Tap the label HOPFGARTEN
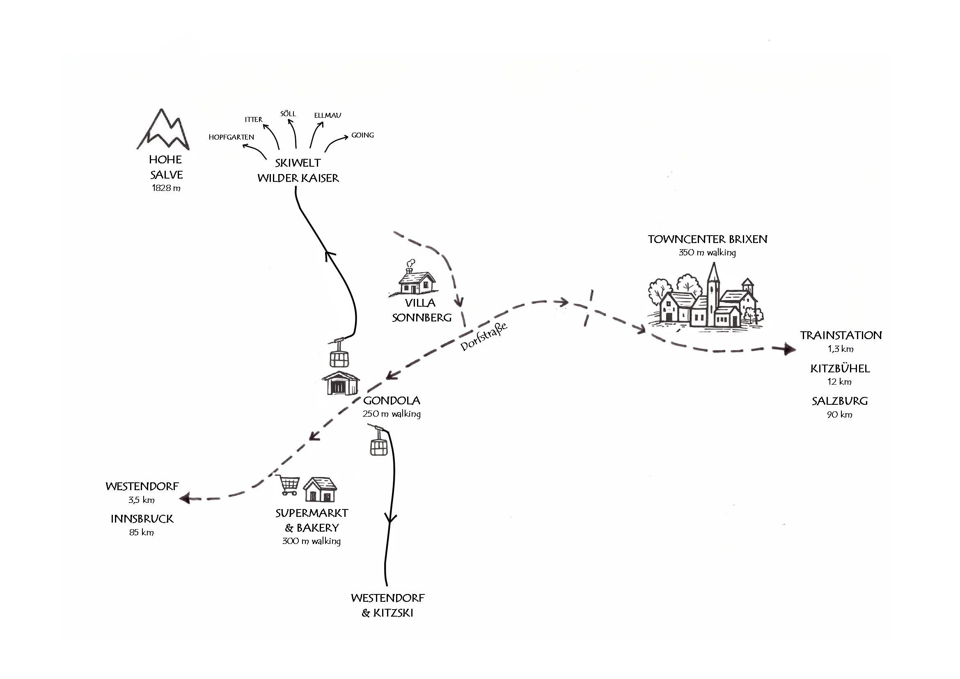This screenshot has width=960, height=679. [231, 137]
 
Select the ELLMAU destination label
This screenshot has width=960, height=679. [328, 115]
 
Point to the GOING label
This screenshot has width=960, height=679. [362, 135]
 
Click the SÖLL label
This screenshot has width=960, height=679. [288, 114]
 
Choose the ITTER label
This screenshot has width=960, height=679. [253, 119]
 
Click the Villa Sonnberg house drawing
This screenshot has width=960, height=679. [415, 280]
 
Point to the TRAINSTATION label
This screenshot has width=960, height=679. [841, 335]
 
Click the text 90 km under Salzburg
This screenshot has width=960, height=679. [839, 415]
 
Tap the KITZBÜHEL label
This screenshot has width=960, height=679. [840, 369]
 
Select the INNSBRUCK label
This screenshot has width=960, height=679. [142, 519]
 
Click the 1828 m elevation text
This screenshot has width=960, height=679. [166, 188]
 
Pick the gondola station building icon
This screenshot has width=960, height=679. [340, 382]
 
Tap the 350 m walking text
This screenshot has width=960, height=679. [707, 252]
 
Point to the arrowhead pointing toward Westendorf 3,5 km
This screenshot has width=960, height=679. [184, 498]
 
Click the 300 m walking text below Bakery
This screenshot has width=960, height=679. [311, 541]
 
